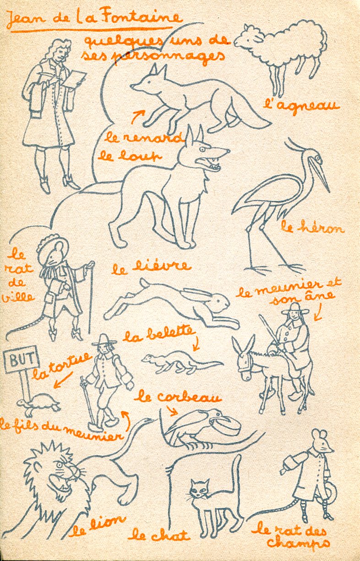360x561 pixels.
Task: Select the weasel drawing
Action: click(181, 363)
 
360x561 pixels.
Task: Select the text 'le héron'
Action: click(312, 227)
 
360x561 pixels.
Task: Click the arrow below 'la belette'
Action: click(196, 344)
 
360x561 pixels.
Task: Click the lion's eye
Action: click(59, 465)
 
